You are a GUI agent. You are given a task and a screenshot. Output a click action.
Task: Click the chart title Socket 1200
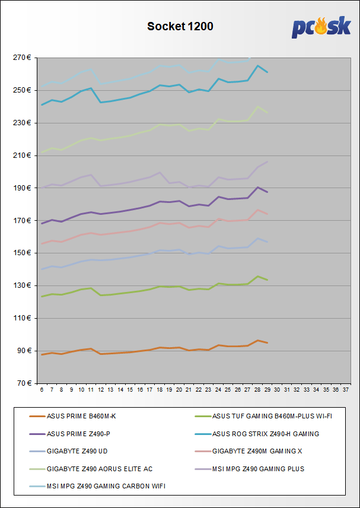click(x=180, y=26)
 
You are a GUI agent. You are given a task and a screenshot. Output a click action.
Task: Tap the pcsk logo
click(x=321, y=28)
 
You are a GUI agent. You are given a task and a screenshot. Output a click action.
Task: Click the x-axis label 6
click(x=42, y=390)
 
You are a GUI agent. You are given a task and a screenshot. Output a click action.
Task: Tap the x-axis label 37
click(x=345, y=390)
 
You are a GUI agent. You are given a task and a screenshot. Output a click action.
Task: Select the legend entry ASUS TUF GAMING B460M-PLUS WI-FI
click(x=272, y=417)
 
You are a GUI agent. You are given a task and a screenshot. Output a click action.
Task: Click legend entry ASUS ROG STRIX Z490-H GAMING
click(x=266, y=434)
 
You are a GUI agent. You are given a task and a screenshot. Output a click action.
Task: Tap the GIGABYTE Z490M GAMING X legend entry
click(x=257, y=451)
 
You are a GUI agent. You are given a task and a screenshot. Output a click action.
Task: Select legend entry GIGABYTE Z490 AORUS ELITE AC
click(x=100, y=469)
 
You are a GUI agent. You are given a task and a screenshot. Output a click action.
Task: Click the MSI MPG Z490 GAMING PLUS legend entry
click(x=258, y=469)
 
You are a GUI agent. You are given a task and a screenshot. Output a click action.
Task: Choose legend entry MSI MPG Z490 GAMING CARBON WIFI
click(x=105, y=486)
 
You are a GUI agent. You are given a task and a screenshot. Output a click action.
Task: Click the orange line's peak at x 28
click(x=257, y=341)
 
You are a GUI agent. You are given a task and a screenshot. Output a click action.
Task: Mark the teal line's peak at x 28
click(x=257, y=65)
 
